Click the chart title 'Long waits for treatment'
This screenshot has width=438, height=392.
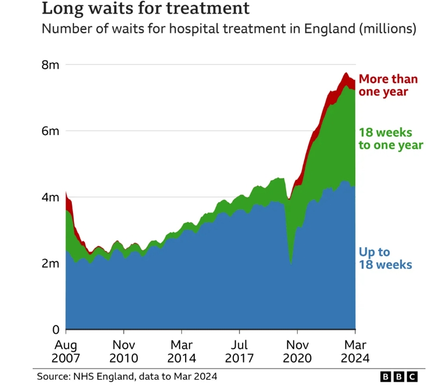point(146,9)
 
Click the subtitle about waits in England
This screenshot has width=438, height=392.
point(229,29)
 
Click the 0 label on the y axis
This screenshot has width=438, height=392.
point(55,330)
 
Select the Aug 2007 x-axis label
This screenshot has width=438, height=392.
point(66,352)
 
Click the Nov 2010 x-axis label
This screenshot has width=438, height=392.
point(124,352)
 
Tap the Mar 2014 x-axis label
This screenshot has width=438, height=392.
point(182,352)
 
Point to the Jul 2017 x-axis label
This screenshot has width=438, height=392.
point(239,352)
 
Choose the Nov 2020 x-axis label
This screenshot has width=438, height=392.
point(297,352)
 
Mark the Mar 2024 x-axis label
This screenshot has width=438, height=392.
point(355,352)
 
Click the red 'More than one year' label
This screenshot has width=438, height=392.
point(388,85)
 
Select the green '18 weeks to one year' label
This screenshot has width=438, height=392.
point(390,139)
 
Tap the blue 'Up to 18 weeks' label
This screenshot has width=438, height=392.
point(385,259)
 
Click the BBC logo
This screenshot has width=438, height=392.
point(398,377)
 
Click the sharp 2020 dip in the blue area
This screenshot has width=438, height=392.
point(291,256)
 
